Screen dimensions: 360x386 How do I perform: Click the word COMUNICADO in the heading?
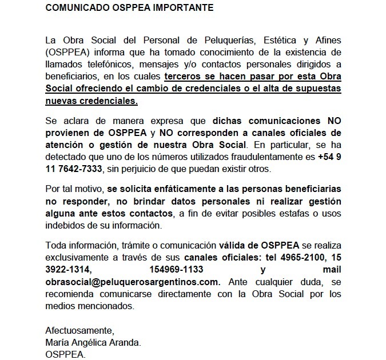click(x=77, y=8)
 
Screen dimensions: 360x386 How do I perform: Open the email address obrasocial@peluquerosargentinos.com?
click(x=132, y=282)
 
